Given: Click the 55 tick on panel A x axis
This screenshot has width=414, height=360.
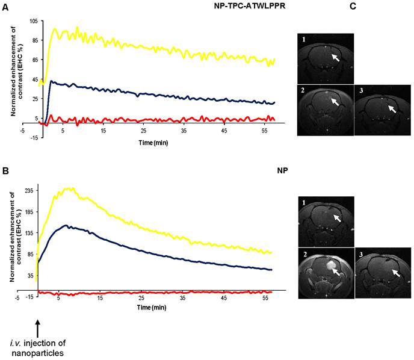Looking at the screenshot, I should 264,131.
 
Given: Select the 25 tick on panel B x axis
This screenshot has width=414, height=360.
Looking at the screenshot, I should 141,298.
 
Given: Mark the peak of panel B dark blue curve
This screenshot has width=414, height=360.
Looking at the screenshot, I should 71,226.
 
